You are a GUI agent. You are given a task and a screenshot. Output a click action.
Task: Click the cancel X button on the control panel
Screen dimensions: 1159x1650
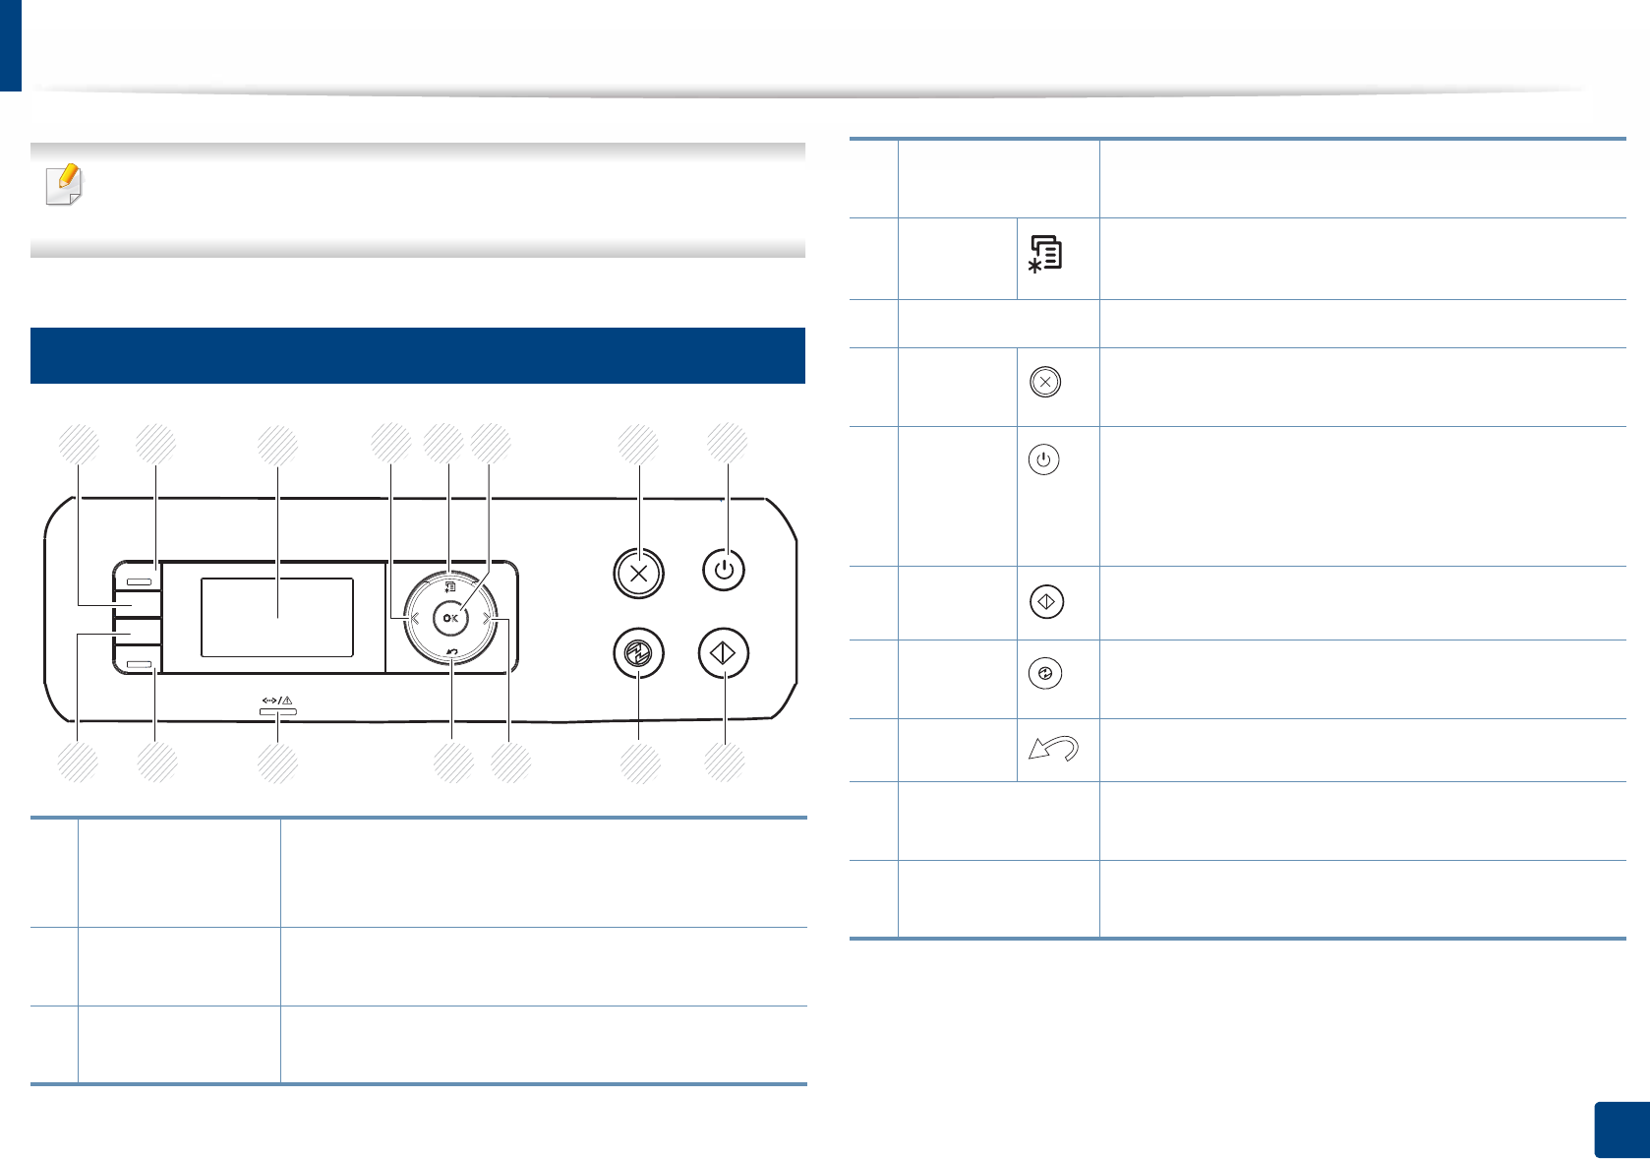coord(639,573)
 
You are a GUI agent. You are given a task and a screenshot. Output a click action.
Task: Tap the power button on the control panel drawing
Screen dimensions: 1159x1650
coord(724,570)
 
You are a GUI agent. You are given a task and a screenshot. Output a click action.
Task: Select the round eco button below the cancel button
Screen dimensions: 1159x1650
coord(639,653)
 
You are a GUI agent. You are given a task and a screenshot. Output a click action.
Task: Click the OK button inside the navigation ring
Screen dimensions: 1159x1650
coord(450,618)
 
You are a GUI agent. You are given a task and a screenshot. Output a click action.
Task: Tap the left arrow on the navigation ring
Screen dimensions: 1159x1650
coord(414,618)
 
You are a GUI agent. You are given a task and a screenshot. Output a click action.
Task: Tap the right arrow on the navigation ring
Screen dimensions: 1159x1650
coord(487,618)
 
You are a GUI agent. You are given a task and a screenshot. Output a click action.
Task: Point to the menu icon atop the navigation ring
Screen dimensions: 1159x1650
coord(449,587)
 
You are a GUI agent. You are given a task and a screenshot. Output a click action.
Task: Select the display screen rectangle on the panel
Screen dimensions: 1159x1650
coord(277,617)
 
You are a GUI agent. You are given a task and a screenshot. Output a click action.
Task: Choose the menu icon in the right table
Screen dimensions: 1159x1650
coord(1045,254)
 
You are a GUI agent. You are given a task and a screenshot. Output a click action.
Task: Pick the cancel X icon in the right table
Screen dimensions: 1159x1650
coord(1045,382)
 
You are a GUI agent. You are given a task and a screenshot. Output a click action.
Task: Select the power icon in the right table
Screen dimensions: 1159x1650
coord(1044,459)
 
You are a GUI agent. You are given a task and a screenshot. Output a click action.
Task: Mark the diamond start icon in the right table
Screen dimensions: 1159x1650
coord(1046,601)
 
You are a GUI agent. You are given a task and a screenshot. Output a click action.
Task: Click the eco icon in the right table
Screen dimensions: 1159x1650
coord(1045,674)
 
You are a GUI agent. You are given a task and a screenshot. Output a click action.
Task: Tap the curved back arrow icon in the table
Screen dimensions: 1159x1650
coord(1053,749)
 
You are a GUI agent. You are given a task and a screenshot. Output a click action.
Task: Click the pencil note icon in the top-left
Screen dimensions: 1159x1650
coord(65,185)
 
